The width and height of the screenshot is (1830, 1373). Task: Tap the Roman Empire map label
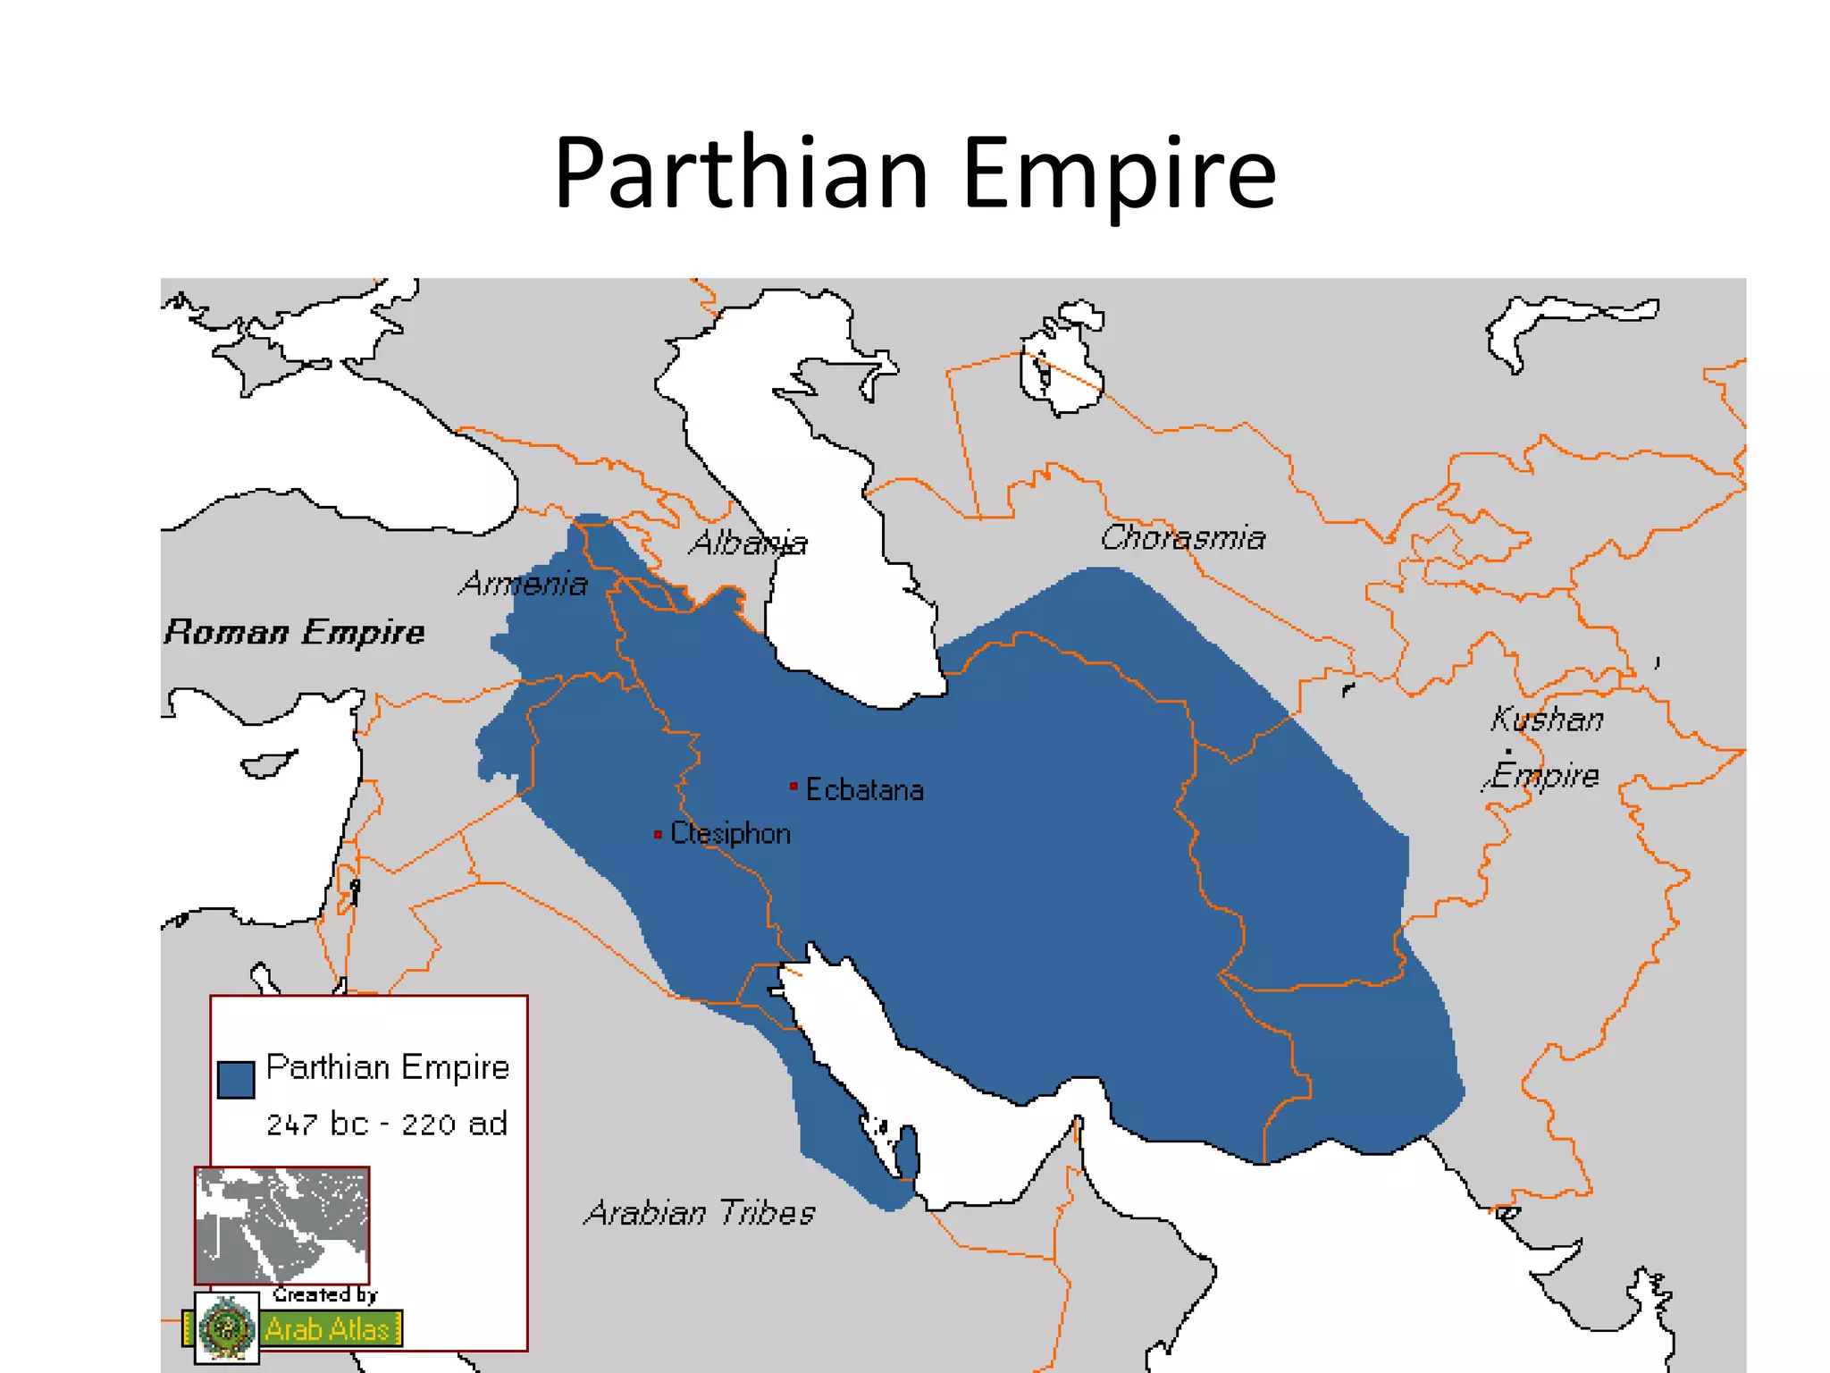point(294,632)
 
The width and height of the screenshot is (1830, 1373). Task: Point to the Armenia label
point(525,584)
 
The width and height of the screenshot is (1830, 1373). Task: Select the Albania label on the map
point(748,543)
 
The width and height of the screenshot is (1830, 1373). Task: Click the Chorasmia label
point(1182,537)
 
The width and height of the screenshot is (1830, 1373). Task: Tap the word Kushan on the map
point(1547,719)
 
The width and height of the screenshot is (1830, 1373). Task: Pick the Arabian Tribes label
point(700,1212)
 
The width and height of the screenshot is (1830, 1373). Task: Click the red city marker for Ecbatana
point(793,787)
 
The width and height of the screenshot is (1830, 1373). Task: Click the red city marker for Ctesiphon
point(658,834)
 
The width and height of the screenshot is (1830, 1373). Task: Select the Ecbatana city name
point(864,789)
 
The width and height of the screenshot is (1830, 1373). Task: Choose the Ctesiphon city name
point(730,833)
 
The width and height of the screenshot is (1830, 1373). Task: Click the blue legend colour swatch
point(236,1079)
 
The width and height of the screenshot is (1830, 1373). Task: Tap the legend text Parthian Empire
point(388,1067)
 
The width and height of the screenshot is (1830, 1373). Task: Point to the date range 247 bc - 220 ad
point(387,1124)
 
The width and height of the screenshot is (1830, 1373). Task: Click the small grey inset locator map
point(281,1225)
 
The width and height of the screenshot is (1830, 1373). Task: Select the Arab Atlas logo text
point(328,1329)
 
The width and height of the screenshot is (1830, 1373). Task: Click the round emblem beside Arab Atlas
point(226,1327)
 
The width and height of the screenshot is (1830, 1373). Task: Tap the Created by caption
point(325,1294)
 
